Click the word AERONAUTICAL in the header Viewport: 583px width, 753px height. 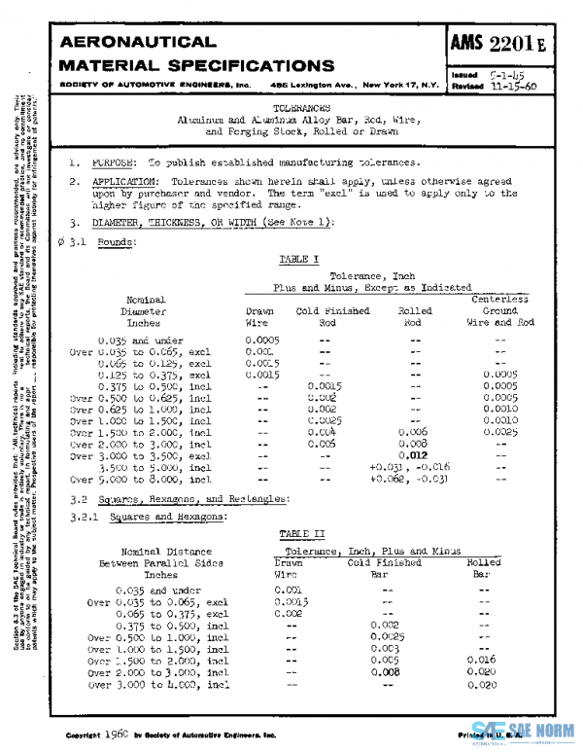(138, 43)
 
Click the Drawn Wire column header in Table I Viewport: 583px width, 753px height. (257, 316)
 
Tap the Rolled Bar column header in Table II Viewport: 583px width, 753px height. (484, 568)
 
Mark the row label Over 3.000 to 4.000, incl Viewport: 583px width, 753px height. (158, 684)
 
